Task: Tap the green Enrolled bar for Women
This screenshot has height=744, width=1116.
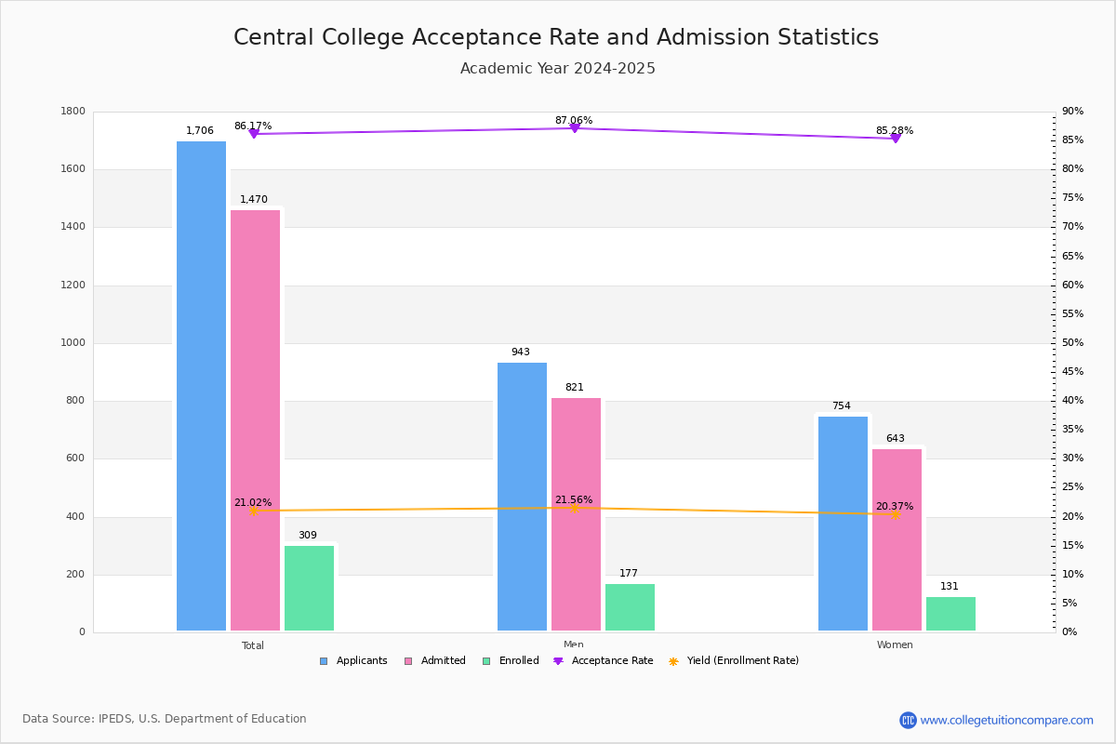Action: (950, 614)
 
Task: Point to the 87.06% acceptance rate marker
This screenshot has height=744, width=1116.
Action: (574, 127)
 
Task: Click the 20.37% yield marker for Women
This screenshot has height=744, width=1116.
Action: (896, 514)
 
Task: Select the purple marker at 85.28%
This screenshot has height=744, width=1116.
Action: (896, 138)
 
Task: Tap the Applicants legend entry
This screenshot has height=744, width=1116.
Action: (353, 661)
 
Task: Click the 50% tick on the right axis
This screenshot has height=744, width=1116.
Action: (1072, 343)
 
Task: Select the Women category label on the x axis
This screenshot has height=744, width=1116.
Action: (895, 645)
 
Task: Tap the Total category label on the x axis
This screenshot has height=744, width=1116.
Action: (253, 645)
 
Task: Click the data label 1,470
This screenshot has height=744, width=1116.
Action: (254, 200)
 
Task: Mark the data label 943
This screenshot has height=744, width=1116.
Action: (521, 352)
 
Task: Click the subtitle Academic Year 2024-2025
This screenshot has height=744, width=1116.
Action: (558, 69)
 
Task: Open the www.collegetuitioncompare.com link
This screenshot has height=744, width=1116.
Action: (1006, 720)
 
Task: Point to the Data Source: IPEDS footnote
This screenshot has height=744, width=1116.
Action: (165, 719)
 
